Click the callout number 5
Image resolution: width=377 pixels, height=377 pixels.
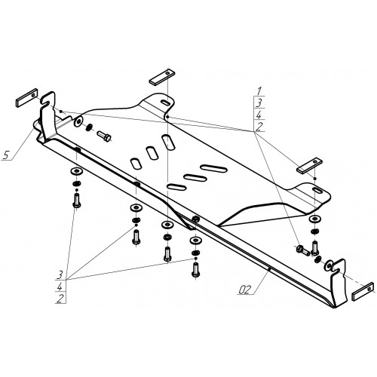[6, 155]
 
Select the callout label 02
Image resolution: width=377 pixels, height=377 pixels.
[244, 290]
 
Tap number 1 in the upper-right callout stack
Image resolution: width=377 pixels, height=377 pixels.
[259, 90]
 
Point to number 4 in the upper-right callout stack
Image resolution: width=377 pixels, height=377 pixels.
[259, 115]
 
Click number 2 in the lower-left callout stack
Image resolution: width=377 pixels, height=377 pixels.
[60, 299]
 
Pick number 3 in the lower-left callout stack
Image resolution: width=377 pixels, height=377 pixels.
[60, 274]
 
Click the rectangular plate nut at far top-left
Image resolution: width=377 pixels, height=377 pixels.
[27, 98]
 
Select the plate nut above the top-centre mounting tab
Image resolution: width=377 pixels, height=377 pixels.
[162, 77]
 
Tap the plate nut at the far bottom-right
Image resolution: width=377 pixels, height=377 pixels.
[363, 292]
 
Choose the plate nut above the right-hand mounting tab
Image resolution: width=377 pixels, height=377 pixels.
[309, 165]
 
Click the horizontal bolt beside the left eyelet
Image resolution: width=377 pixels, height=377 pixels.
[104, 136]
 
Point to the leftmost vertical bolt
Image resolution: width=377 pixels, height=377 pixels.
[77, 201]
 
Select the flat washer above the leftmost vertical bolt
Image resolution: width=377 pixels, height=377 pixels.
[76, 171]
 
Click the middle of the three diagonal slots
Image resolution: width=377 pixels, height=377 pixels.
[152, 153]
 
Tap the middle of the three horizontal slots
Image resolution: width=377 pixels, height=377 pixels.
[195, 178]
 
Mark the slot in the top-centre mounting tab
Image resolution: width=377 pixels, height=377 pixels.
[164, 103]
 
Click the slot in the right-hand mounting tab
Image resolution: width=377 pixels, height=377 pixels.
[317, 191]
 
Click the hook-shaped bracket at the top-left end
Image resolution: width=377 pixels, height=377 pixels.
[48, 115]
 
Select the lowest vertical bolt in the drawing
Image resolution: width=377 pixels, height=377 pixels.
[195, 269]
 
